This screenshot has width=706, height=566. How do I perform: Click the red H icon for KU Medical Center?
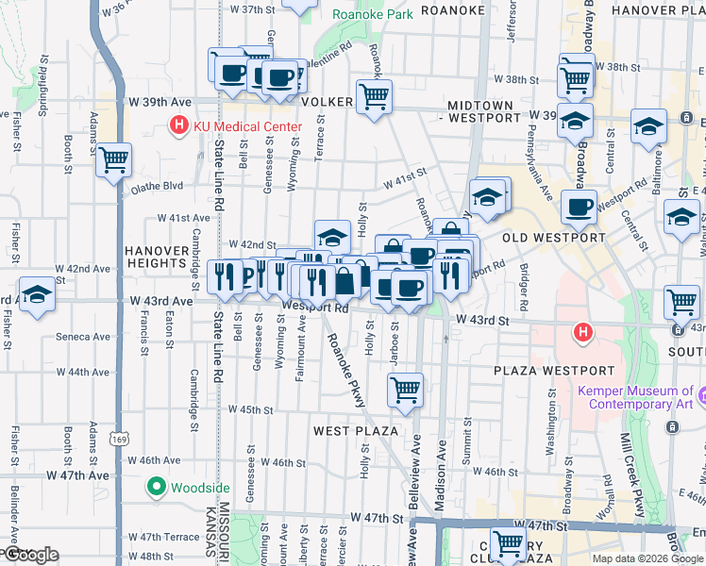pyautogui.click(x=176, y=125)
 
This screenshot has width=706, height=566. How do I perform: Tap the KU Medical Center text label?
pyautogui.click(x=246, y=126)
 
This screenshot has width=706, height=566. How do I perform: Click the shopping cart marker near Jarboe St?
pyautogui.click(x=405, y=389)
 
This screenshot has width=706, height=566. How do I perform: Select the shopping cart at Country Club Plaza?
pyautogui.click(x=509, y=544)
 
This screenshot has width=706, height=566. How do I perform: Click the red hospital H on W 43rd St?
pyautogui.click(x=583, y=332)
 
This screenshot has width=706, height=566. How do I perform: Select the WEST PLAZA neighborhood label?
pyautogui.click(x=352, y=430)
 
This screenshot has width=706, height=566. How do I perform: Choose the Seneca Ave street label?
pyautogui.click(x=82, y=336)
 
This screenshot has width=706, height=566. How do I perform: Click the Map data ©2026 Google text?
pyautogui.click(x=647, y=558)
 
